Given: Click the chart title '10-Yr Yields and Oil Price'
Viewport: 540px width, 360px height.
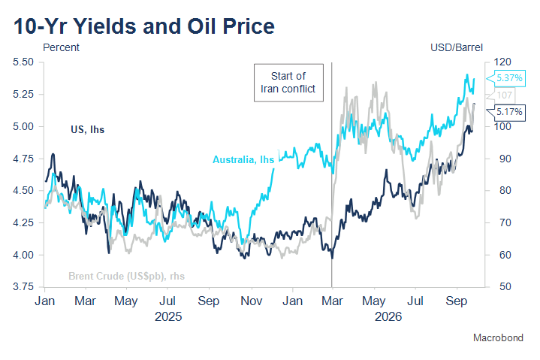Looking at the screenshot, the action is click(x=144, y=26).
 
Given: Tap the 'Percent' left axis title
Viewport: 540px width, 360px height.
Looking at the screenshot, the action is click(x=61, y=47).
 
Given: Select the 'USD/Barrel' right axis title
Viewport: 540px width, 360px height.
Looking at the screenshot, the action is click(x=457, y=47).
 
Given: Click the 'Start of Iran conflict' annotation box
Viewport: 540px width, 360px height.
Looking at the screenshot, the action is click(x=288, y=83).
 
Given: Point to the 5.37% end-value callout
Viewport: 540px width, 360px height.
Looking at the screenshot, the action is click(x=506, y=78).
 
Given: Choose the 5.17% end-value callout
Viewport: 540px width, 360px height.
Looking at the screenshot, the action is click(x=506, y=112).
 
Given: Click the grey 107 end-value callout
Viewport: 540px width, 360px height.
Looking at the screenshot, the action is click(x=502, y=95).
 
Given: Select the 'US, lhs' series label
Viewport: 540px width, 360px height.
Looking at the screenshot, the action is click(x=87, y=129).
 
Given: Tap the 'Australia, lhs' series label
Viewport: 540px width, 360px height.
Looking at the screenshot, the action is click(x=243, y=159).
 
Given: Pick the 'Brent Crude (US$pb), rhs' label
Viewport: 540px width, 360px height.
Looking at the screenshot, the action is click(x=126, y=276).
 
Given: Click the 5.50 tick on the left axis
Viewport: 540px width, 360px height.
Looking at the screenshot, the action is click(x=23, y=62).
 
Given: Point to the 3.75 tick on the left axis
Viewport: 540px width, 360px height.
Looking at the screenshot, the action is click(x=23, y=286).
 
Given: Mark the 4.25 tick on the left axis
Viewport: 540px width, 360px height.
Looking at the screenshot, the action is click(x=23, y=222).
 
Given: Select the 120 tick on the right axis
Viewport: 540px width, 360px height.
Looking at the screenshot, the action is click(x=502, y=62).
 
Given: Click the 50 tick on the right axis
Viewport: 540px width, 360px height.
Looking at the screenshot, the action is click(x=505, y=286).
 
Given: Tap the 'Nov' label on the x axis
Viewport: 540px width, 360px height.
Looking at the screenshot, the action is click(x=252, y=301).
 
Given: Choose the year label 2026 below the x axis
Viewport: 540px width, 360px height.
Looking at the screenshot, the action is click(x=388, y=316).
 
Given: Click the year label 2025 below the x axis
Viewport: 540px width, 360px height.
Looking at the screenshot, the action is click(x=168, y=316).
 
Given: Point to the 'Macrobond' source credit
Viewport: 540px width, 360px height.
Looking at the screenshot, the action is click(x=498, y=337).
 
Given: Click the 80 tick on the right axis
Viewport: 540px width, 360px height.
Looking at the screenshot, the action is click(x=505, y=190).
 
